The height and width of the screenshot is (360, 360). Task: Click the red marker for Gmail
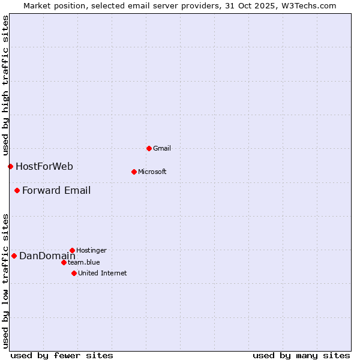tap(149, 148)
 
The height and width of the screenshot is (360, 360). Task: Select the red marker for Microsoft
tap(134, 172)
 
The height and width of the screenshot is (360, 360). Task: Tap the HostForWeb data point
tap(10, 166)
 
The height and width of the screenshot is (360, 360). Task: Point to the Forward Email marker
tap(17, 191)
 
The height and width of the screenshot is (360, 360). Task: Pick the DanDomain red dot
tap(14, 256)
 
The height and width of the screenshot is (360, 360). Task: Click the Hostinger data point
tap(72, 250)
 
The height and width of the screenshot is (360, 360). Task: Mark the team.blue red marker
tap(64, 262)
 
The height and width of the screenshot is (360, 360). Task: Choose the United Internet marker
tap(74, 273)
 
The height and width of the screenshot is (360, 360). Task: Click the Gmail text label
tap(162, 148)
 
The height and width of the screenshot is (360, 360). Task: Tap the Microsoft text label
tap(152, 172)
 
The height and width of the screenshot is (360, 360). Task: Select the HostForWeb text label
tap(44, 167)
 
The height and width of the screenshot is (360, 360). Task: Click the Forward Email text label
tap(56, 191)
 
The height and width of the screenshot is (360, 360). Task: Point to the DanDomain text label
tap(47, 256)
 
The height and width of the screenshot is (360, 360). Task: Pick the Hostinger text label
tap(91, 250)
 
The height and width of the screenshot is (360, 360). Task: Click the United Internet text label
tap(102, 273)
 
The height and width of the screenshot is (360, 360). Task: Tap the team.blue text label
tap(84, 262)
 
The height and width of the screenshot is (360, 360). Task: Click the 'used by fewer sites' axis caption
tap(62, 355)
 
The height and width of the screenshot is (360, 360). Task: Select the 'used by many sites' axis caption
tap(301, 355)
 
